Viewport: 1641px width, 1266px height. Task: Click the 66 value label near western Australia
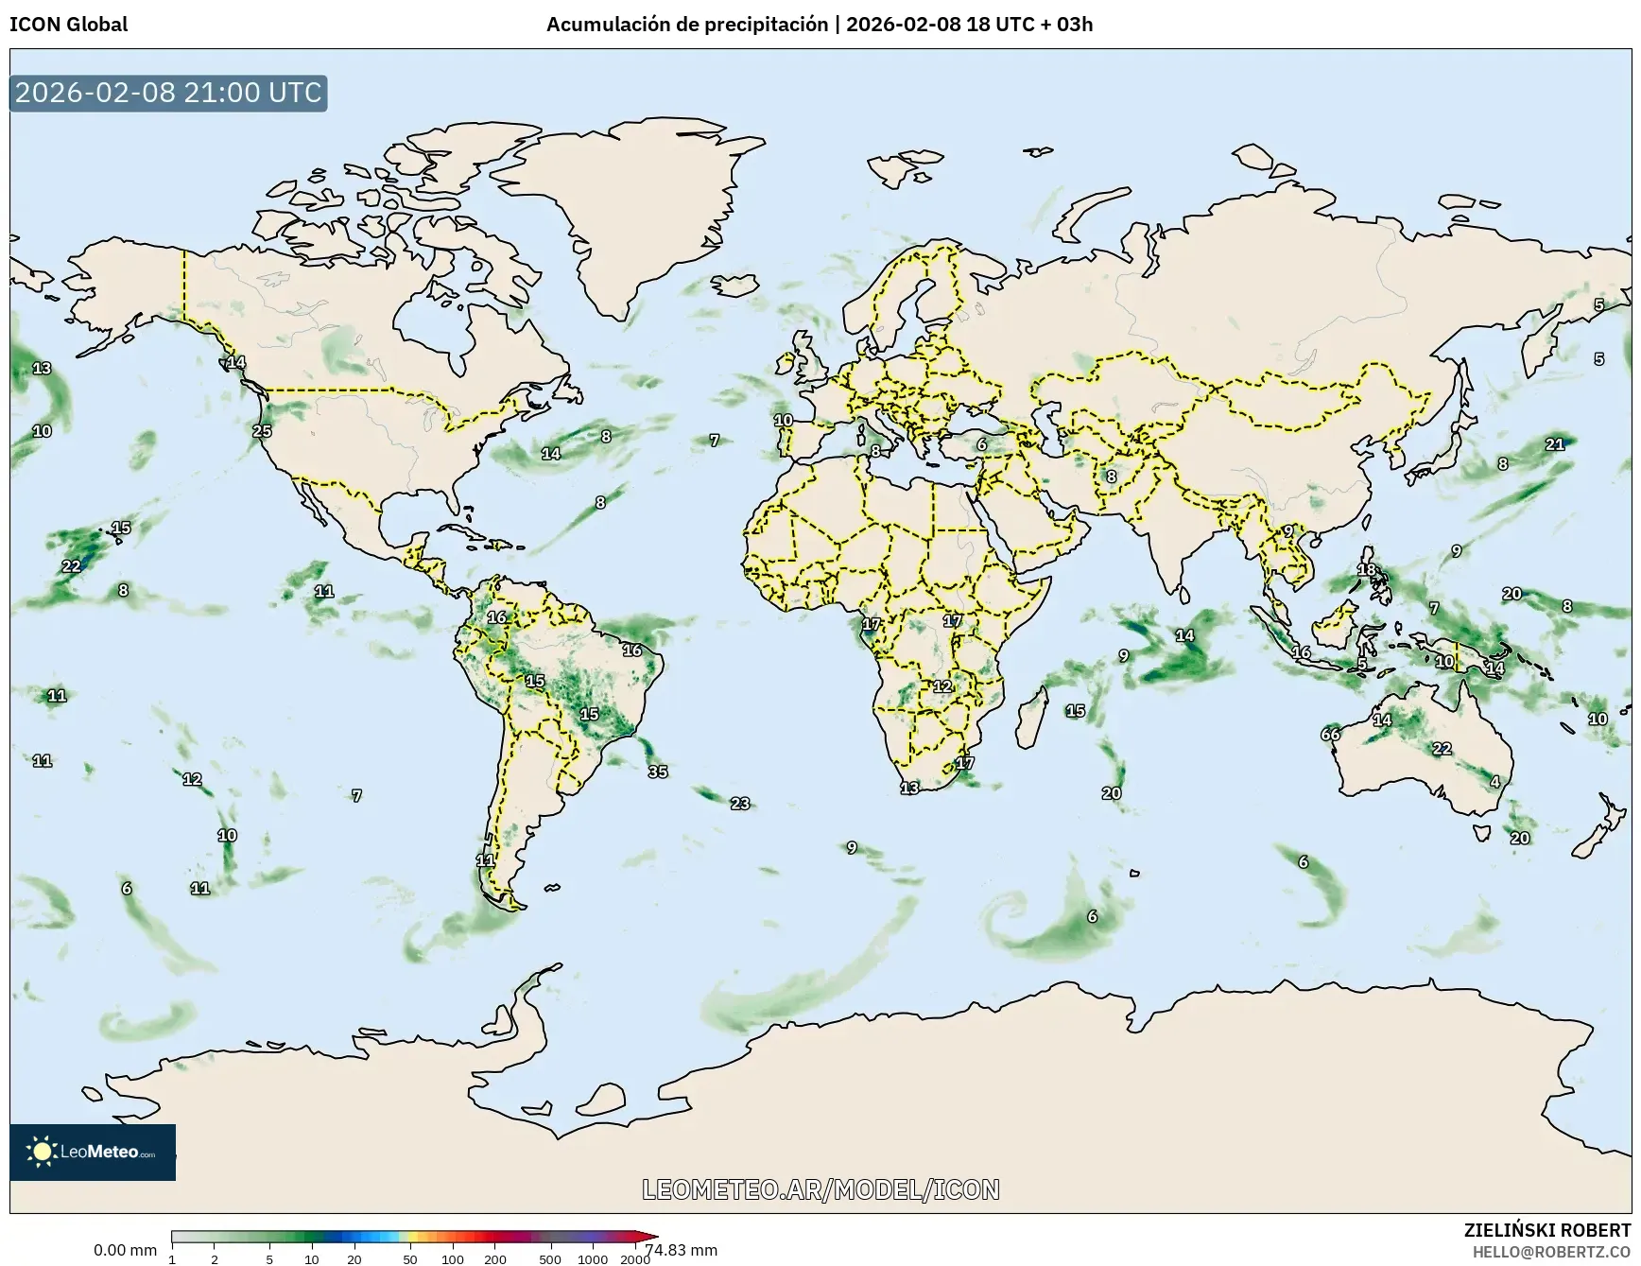point(1330,735)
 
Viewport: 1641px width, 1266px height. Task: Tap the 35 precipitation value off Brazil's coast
point(658,772)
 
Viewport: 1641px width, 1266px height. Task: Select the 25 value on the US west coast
point(262,431)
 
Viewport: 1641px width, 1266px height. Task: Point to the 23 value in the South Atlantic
point(740,804)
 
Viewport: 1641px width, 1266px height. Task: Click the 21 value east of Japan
point(1555,444)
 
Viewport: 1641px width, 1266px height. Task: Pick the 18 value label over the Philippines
point(1367,570)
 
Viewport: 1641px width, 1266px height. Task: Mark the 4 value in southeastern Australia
point(1494,782)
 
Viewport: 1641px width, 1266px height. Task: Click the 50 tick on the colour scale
point(410,1259)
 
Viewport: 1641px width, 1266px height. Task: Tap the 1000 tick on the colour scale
point(593,1259)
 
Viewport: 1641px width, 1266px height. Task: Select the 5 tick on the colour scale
point(269,1259)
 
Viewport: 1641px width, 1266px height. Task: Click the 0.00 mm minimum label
point(125,1250)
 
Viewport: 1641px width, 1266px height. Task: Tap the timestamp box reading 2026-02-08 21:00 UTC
point(168,93)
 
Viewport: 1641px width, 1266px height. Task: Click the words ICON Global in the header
point(68,25)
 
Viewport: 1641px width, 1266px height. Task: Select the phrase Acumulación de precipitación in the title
point(686,25)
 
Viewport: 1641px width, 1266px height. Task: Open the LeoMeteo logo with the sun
point(93,1152)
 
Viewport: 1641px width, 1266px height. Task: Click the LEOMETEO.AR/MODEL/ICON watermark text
point(820,1189)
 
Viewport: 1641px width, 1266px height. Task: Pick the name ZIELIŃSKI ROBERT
point(1546,1230)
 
